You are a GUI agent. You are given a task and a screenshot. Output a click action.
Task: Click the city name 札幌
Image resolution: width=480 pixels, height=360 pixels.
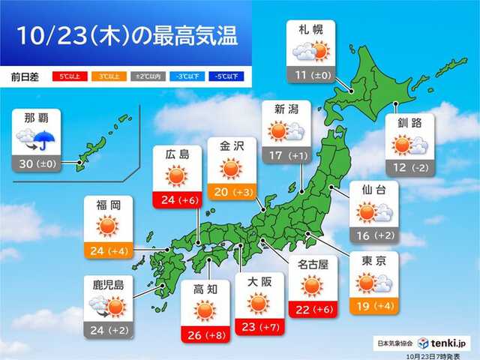point(311,31)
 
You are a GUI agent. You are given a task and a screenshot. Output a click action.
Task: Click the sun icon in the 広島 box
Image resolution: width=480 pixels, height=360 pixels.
point(176,177)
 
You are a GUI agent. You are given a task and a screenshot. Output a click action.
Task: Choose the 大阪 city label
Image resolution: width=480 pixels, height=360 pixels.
point(259,282)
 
